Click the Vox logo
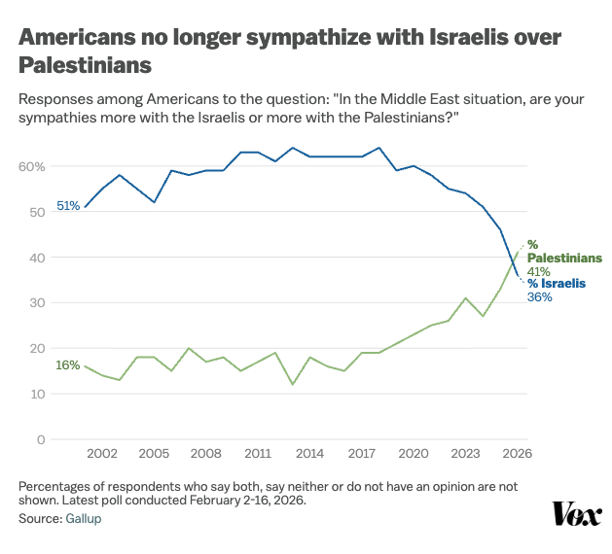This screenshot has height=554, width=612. click(x=577, y=514)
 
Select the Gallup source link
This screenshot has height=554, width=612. click(x=83, y=519)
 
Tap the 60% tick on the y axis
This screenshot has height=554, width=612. click(x=32, y=166)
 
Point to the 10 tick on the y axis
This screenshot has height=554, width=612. click(x=38, y=394)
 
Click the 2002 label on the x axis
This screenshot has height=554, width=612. click(x=102, y=454)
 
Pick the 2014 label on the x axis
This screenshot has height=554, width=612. click(x=309, y=454)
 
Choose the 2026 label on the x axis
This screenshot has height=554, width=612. click(x=517, y=454)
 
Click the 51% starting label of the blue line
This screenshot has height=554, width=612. click(x=68, y=206)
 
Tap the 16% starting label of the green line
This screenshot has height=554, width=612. click(x=68, y=365)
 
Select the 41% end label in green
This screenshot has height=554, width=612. click(x=539, y=271)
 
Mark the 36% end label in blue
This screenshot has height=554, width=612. click(x=540, y=297)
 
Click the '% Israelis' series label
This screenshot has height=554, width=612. click(x=558, y=284)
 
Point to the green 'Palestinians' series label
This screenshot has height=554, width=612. click(x=564, y=259)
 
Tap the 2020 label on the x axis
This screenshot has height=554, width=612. click(x=414, y=454)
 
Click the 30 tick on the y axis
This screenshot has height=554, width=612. click(x=38, y=303)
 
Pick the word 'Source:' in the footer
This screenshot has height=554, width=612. click(x=40, y=519)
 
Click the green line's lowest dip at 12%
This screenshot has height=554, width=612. click(x=292, y=385)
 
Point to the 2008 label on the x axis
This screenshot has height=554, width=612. click(x=206, y=454)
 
